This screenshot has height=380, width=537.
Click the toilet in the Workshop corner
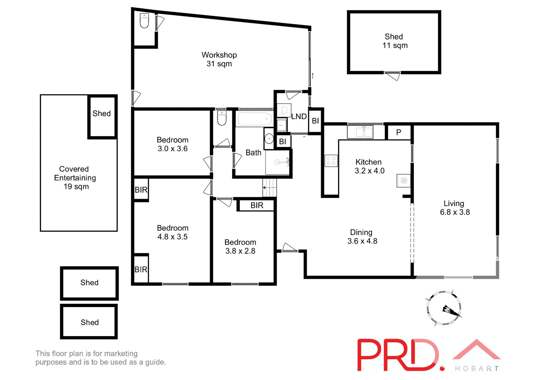pos(144,21)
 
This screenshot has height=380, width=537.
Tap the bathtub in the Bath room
pos(255,119)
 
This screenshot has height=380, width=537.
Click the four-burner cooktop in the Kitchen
pos(331,161)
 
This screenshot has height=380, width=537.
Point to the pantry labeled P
pos(399,132)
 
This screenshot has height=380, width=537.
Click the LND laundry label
pos(299,116)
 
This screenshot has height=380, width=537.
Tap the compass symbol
pos(444,308)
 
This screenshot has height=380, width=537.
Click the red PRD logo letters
pos(397,355)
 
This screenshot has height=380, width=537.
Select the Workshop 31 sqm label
pos(219,59)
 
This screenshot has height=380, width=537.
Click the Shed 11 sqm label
pos(394,41)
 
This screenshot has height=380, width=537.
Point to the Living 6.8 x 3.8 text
pos(454,208)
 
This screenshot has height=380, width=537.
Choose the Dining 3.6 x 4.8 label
pos(362,236)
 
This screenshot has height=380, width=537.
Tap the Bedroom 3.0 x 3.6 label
pos(172,144)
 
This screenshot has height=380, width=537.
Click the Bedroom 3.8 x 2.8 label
pos(240,247)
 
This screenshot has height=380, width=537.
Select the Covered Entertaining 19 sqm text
pos(75,178)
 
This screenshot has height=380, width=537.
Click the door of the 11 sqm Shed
pos(393,75)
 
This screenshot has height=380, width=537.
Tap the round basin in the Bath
pos(269,138)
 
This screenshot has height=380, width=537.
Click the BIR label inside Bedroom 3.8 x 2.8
pos(257,205)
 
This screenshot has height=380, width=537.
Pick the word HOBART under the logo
pos(477,369)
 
